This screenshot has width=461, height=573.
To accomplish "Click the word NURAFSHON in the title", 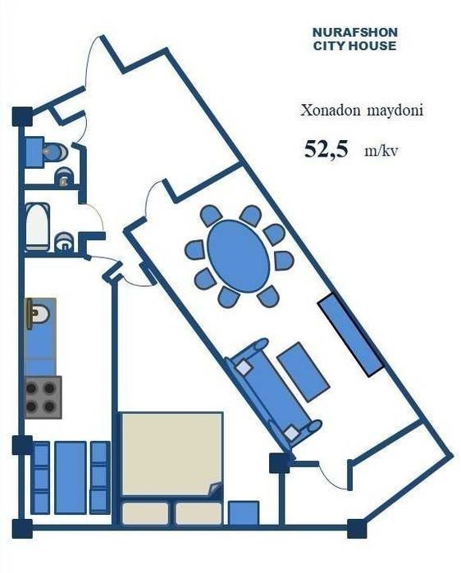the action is click(x=354, y=32).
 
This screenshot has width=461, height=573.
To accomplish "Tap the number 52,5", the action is click(x=326, y=149).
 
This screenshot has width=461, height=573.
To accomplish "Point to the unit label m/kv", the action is click(x=381, y=151).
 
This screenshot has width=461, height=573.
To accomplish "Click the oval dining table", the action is click(x=239, y=256).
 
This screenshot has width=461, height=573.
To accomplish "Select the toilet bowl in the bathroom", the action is click(x=55, y=151).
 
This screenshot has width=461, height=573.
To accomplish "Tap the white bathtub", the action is click(x=37, y=227).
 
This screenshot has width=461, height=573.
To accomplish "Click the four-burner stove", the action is click(x=43, y=398).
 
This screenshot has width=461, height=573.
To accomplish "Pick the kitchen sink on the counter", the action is click(x=39, y=313).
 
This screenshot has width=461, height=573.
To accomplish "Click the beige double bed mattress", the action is click(x=172, y=454).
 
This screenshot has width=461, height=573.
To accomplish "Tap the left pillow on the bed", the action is click(x=145, y=513).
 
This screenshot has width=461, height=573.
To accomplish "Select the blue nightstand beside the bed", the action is click(x=244, y=512).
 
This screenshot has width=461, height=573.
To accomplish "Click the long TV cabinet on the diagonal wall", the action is click(x=350, y=334).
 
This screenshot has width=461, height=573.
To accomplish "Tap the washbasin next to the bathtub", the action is click(x=64, y=243).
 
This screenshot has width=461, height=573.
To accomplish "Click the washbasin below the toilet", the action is click(x=64, y=177).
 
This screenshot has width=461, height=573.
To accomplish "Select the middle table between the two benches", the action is click(x=71, y=477).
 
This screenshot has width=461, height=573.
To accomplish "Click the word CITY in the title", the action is click(x=330, y=46).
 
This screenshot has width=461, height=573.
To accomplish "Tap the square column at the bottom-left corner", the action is click(x=23, y=529).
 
